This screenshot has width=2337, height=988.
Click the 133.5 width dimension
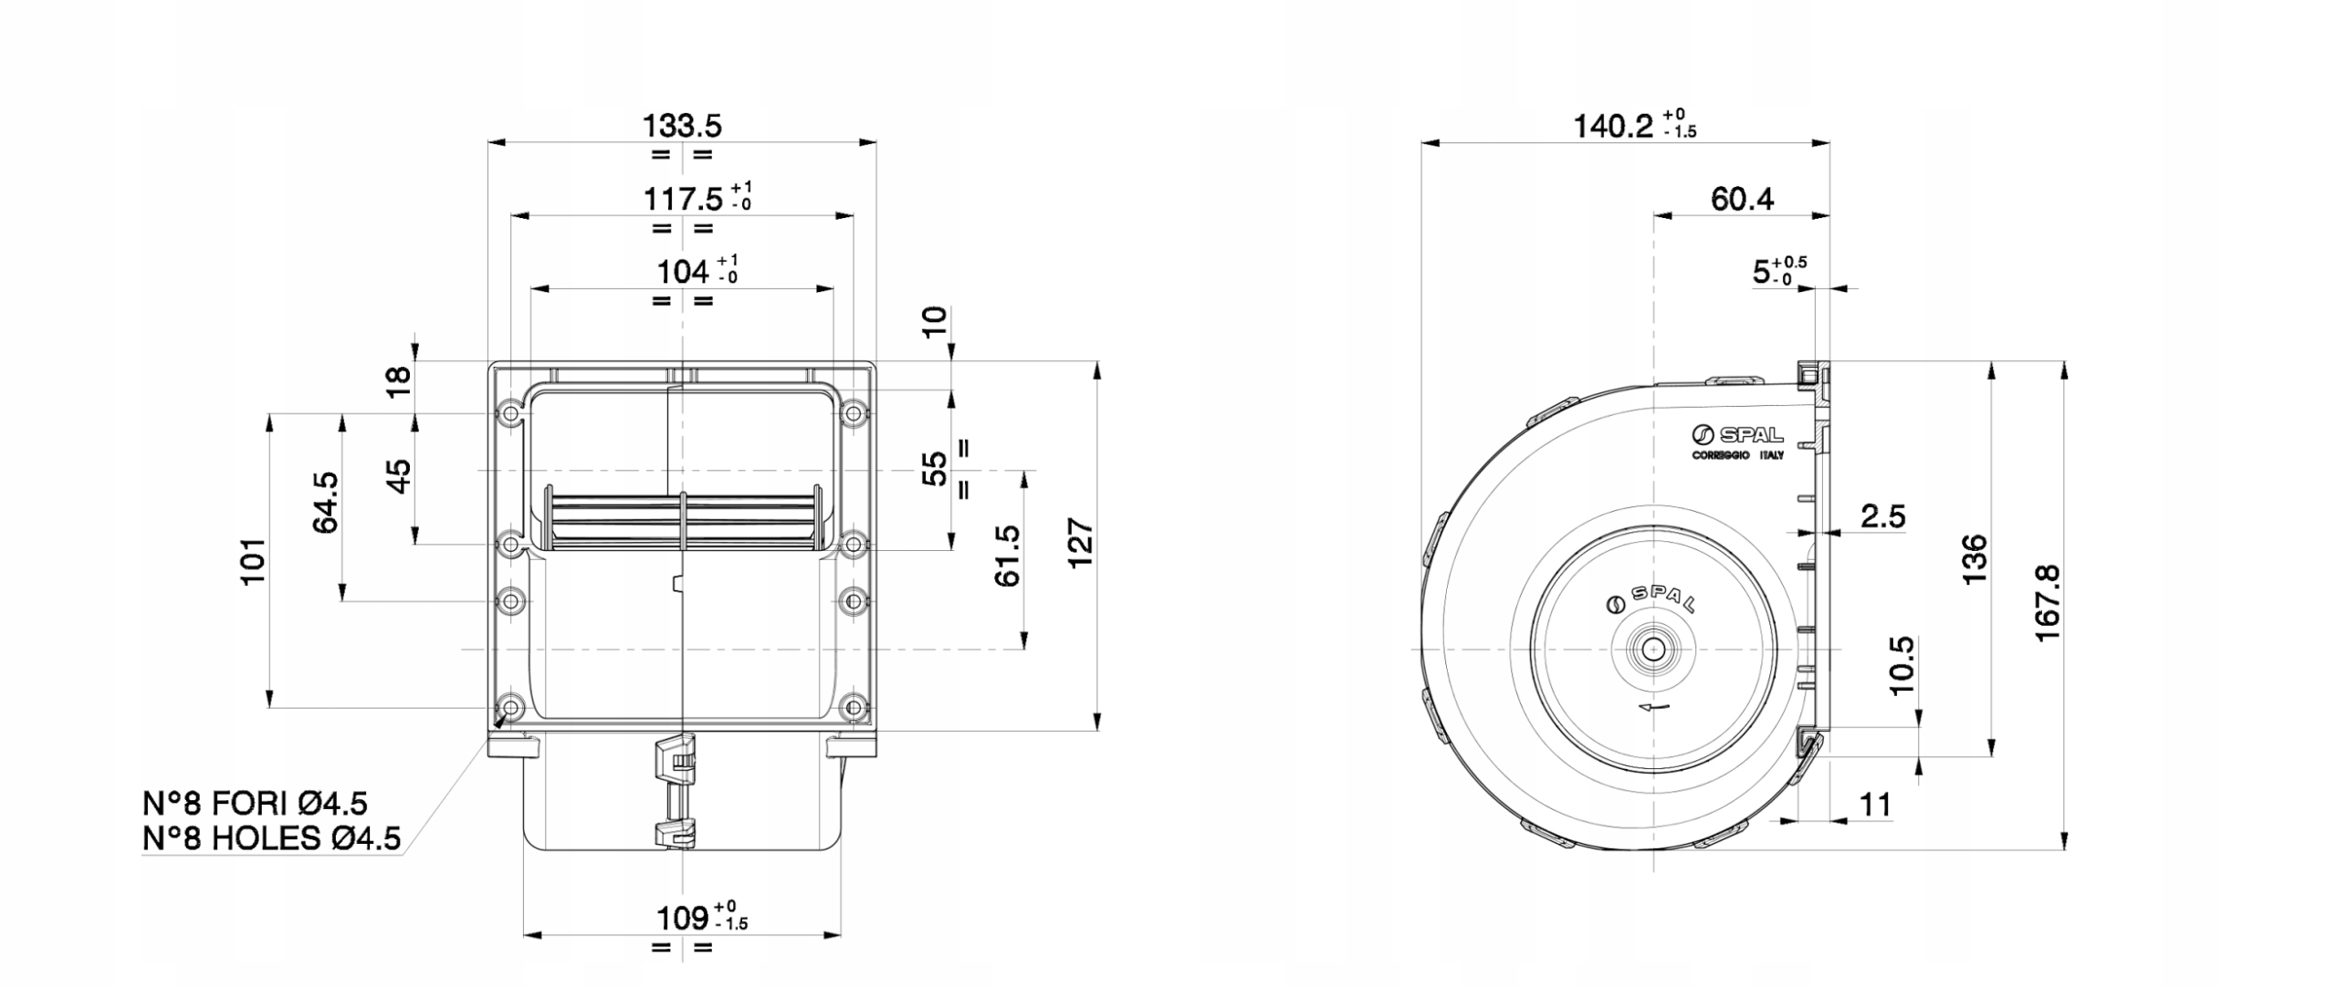tap(682, 125)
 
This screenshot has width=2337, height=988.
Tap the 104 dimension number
tap(683, 272)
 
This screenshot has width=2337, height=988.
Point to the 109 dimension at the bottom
tap(683, 917)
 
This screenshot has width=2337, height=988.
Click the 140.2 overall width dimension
tap(1613, 126)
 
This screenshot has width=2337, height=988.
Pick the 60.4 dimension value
tap(1742, 199)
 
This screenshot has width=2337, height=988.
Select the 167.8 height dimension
tap(2048, 602)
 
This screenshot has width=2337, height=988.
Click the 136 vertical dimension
tap(1974, 559)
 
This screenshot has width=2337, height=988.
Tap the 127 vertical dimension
tap(1081, 544)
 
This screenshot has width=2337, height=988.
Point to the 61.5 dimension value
tap(1008, 556)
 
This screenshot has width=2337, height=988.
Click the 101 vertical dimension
tap(253, 560)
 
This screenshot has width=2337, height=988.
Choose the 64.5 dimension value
tap(326, 502)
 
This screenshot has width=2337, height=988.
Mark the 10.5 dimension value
tap(1902, 665)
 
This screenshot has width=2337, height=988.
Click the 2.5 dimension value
tap(1883, 517)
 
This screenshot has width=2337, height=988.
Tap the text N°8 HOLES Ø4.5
tap(271, 838)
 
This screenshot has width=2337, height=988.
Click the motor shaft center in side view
tap(1653, 650)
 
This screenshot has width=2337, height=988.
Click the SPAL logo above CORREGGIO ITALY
tap(1736, 435)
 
